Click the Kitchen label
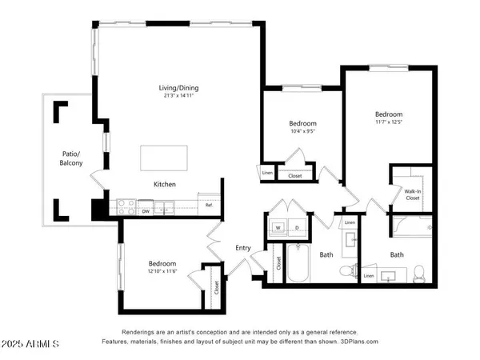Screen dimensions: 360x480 (165, 184)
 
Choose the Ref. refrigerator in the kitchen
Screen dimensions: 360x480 (209, 206)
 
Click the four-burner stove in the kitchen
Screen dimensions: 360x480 (126, 205)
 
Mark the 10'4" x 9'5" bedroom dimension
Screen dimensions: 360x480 (302, 132)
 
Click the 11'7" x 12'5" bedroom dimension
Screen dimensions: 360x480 (388, 122)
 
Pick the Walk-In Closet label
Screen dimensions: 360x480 (413, 195)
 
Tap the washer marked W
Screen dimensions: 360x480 (278, 227)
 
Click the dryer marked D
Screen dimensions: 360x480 (298, 227)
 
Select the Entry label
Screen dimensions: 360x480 (243, 248)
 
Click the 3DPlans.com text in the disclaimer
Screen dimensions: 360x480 (358, 342)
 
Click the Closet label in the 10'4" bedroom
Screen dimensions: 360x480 (294, 174)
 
